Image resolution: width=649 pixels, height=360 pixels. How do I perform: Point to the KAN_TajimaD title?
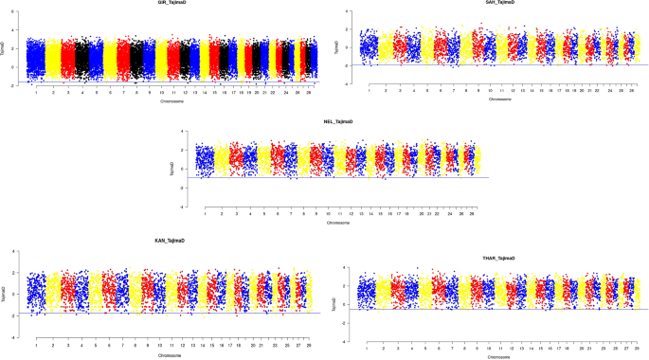(x=169, y=242)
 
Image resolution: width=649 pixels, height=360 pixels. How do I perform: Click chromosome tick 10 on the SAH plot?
(x=491, y=90)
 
